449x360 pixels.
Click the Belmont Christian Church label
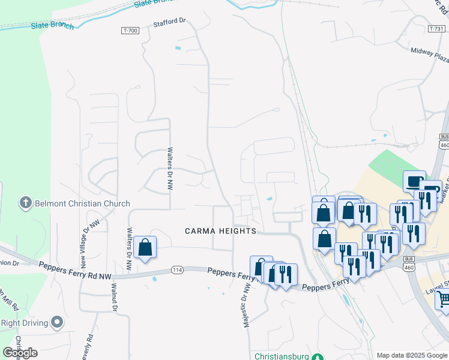(82, 203)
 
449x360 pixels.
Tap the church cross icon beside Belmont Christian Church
(25, 203)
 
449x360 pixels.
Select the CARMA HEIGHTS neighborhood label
(220, 231)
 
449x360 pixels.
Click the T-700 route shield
(130, 30)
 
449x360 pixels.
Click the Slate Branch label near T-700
(53, 26)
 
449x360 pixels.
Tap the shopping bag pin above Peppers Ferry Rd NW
(145, 247)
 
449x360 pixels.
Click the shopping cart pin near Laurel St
(443, 299)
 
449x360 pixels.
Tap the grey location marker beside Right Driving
(57, 323)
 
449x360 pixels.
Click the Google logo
(20, 353)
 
